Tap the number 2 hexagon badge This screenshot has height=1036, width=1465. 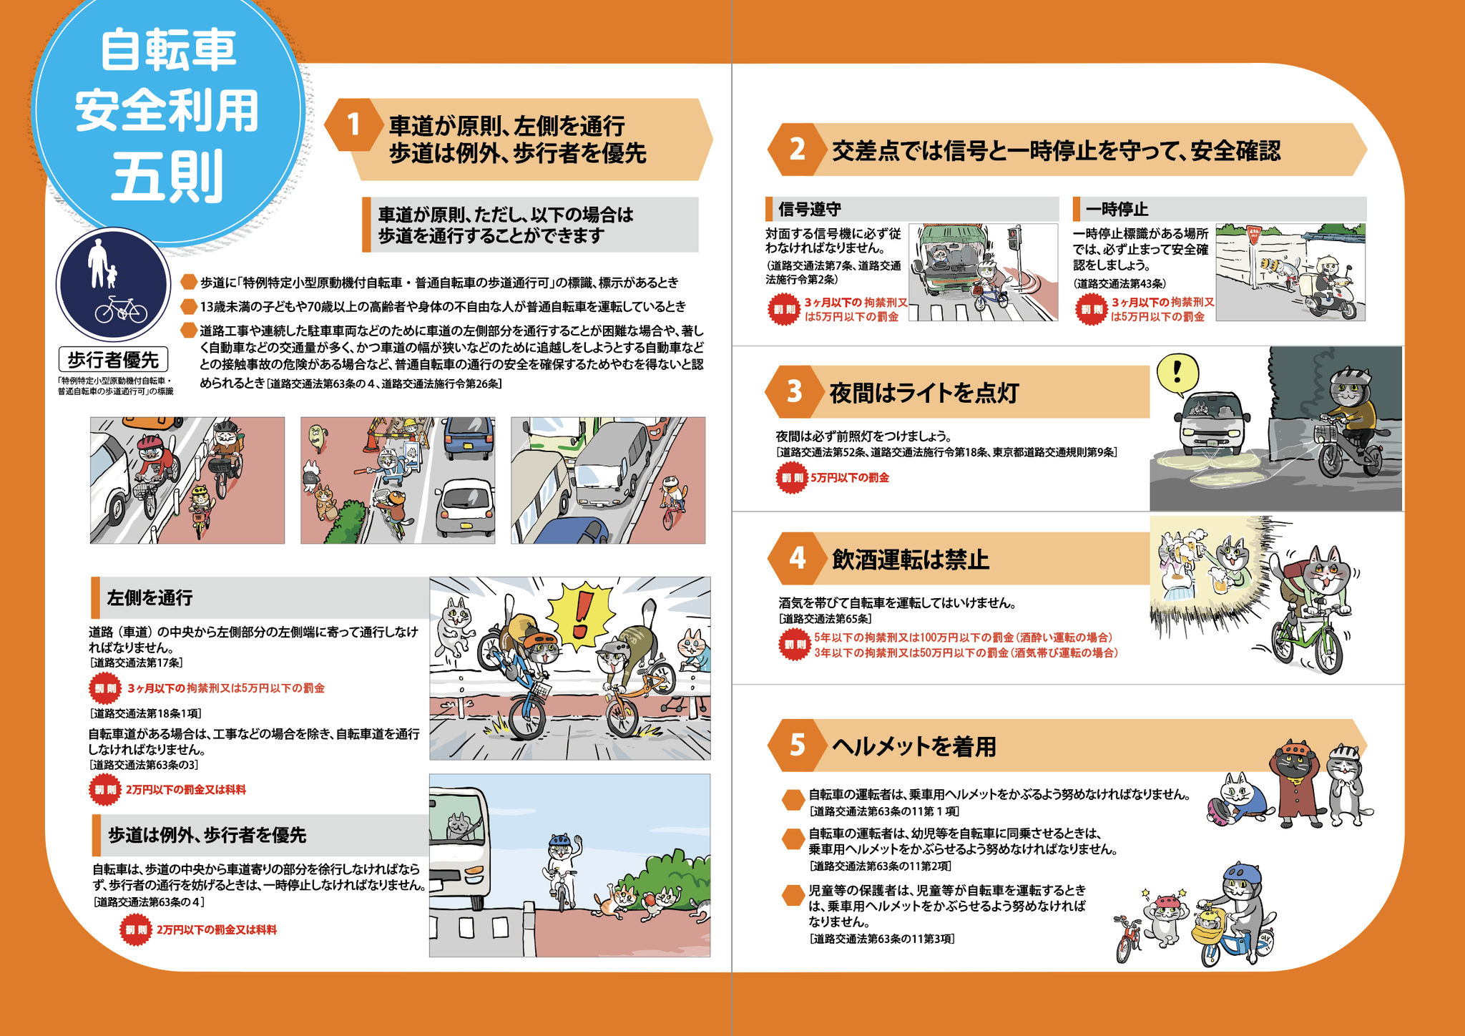(x=795, y=150)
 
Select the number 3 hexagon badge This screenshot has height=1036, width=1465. (x=793, y=392)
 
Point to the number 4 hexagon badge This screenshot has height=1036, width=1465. (x=795, y=558)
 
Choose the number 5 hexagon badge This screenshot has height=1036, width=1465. (x=795, y=746)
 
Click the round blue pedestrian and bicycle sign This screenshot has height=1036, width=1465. (x=113, y=285)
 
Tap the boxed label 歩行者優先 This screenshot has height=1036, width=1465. (x=114, y=360)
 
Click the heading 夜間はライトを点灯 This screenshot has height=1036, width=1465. (x=923, y=393)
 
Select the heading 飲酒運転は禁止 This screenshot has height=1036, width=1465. (x=911, y=559)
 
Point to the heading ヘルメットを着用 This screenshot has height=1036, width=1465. (x=913, y=746)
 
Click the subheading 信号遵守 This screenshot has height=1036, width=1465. (x=809, y=209)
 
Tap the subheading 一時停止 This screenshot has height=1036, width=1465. (x=1117, y=209)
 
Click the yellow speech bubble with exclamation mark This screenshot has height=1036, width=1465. (x=1177, y=375)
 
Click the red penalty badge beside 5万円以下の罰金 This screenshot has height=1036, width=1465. (x=791, y=477)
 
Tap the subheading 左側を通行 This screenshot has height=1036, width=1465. (x=150, y=597)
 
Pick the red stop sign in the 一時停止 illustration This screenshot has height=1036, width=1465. (x=1253, y=234)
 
